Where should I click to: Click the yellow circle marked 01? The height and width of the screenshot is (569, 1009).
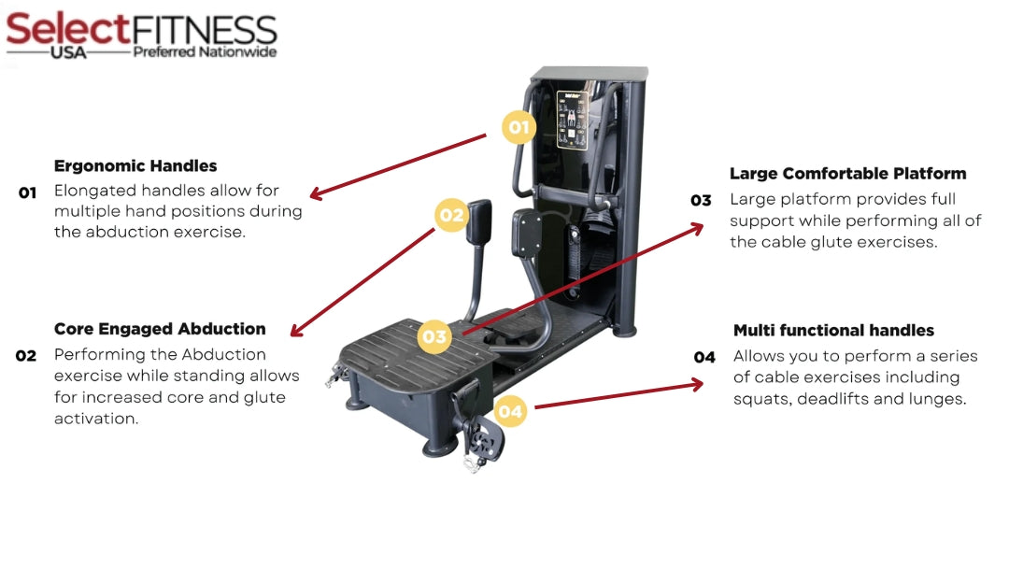pos(519,127)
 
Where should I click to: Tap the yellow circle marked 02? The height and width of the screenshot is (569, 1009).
pos(451,215)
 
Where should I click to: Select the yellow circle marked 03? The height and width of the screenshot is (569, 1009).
pos(434,336)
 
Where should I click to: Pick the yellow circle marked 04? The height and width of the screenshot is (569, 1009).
pos(510,410)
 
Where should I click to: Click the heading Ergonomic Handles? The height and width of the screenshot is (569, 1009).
pos(135,166)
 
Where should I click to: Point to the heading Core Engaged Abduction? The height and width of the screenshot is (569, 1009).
pos(160,329)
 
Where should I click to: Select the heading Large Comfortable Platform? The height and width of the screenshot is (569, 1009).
pos(847,174)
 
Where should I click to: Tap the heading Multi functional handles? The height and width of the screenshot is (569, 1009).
pos(833,331)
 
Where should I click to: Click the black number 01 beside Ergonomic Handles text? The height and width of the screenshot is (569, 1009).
pos(27,193)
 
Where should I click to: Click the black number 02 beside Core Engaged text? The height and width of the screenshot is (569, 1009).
pos(26,356)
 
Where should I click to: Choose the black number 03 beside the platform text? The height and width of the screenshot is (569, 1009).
pos(701,200)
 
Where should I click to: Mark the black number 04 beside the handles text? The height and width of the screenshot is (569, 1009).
pos(704,357)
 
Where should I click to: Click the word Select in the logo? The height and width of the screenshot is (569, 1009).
pos(66,29)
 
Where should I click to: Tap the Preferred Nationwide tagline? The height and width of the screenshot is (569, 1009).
pos(205,52)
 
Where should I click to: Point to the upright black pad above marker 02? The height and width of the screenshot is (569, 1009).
pos(480,220)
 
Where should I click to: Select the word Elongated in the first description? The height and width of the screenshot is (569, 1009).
pos(94,190)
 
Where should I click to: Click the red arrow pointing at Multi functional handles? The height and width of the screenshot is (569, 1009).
pos(617,395)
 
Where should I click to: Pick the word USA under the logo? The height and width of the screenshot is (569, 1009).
pos(69,53)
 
